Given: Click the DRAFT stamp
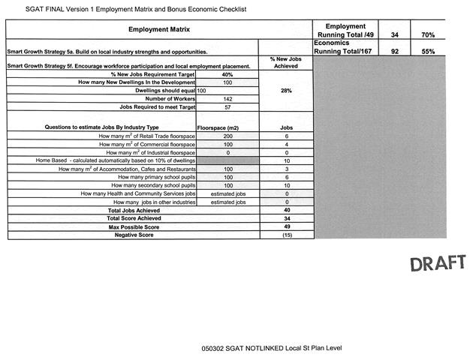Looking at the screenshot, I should tap(438, 263).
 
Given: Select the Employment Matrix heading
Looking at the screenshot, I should tap(159, 29).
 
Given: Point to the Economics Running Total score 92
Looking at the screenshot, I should tap(395, 51).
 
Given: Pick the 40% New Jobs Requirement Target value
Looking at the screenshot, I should tap(227, 75).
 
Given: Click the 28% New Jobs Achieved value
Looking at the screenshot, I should tap(286, 91).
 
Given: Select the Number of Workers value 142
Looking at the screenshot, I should tap(227, 99).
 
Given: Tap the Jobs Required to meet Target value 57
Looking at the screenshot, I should tap(227, 107).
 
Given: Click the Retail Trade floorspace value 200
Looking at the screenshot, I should tap(227, 136).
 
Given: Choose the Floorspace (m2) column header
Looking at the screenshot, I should tap(227, 127).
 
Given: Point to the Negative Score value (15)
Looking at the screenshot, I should tap(286, 235).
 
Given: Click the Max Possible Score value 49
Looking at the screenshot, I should tap(286, 226).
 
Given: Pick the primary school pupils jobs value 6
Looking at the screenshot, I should tap(286, 177).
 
